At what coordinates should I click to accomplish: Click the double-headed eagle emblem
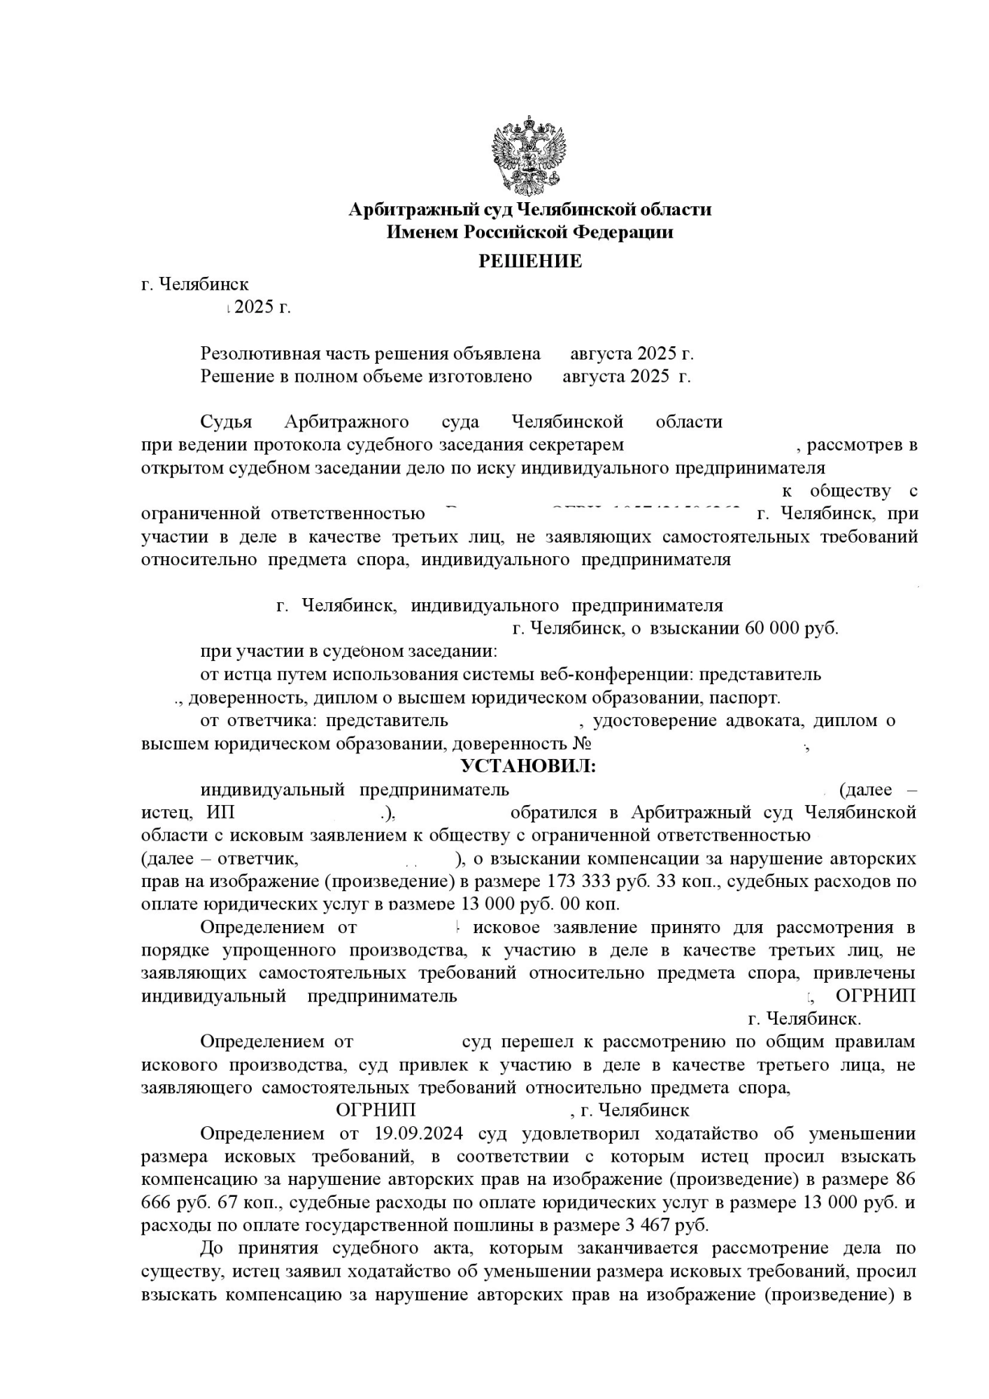coord(529,156)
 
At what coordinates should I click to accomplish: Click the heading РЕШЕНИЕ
coord(529,262)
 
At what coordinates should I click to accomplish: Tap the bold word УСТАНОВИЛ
coord(529,767)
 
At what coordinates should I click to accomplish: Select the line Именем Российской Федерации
coord(529,232)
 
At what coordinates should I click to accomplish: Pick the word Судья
coord(226,422)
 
